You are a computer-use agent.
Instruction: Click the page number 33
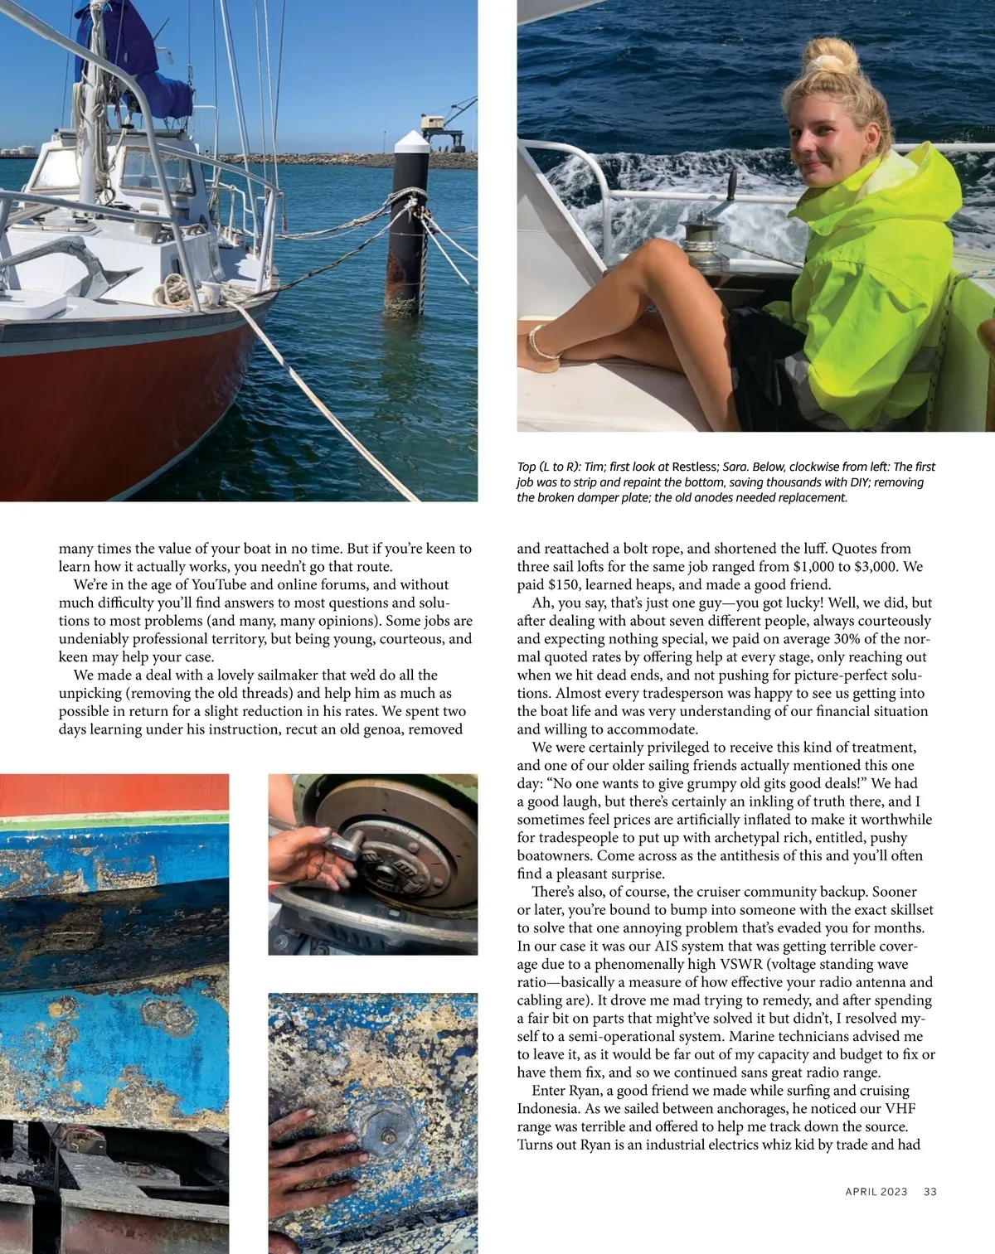tap(930, 1192)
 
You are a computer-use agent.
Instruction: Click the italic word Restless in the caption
tap(695, 467)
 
